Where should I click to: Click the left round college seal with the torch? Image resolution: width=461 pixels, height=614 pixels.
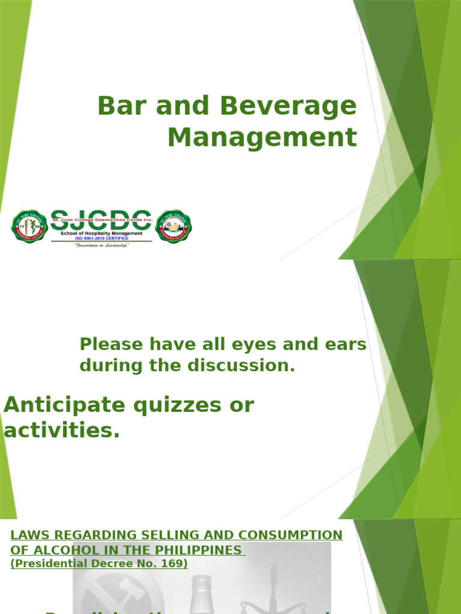[x=29, y=227]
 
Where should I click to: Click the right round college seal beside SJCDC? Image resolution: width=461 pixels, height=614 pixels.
[x=173, y=227]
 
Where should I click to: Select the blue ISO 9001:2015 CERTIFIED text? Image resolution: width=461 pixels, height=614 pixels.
[x=101, y=239]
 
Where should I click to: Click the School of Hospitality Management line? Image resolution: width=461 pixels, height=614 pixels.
[x=101, y=233]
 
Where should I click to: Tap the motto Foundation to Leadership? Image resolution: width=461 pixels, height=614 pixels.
[x=101, y=245]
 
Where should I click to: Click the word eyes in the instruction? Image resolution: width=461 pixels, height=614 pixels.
[x=244, y=345]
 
